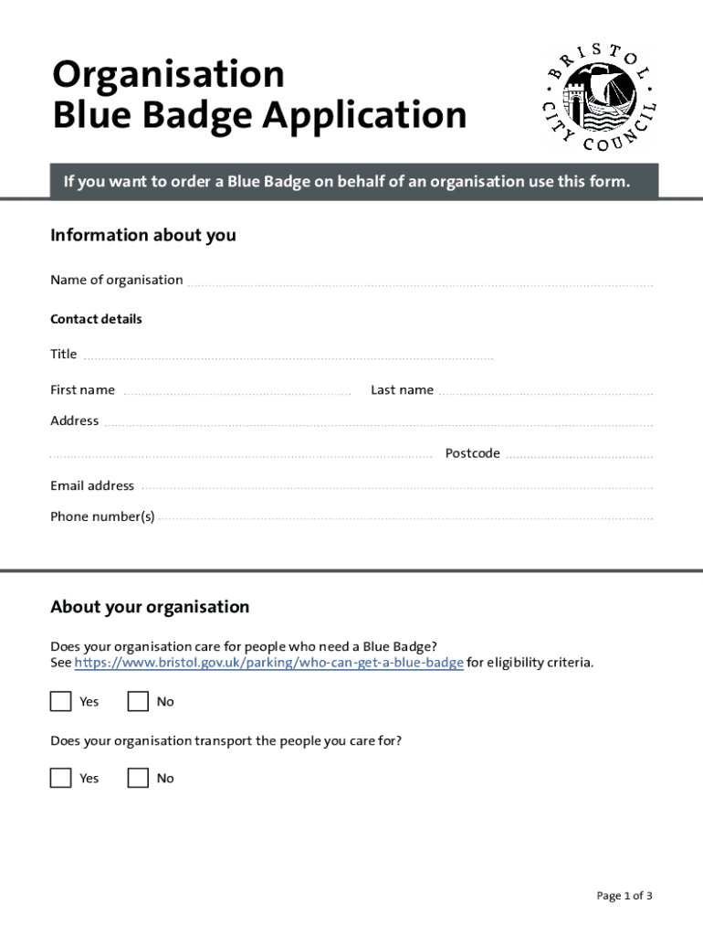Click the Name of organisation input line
tap(420, 282)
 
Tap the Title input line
tap(288, 356)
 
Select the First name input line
tap(236, 392)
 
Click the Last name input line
tap(545, 392)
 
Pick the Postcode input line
tap(579, 455)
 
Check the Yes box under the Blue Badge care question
tap(60, 701)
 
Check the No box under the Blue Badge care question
tap(138, 701)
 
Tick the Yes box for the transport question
tap(60, 778)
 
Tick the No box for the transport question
tap(138, 778)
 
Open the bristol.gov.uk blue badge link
tap(268, 663)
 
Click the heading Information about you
tap(143, 235)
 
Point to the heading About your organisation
tap(150, 607)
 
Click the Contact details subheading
tap(96, 319)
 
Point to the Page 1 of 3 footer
tap(624, 896)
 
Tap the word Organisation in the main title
tap(169, 74)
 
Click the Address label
tap(74, 420)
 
